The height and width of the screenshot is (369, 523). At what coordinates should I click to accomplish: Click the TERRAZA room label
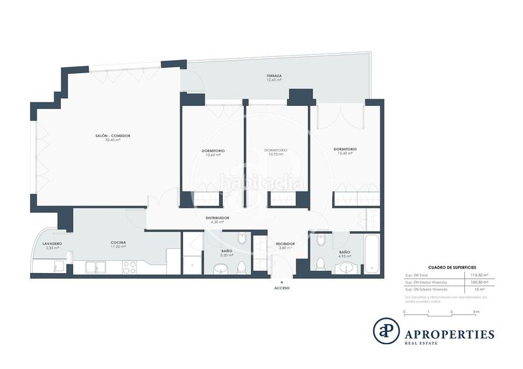coord(274,76)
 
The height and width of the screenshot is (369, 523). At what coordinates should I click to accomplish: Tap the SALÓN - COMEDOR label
coord(112,136)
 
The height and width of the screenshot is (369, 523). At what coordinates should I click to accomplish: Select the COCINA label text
coord(118,243)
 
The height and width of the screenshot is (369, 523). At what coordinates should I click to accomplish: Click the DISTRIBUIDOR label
coord(217,218)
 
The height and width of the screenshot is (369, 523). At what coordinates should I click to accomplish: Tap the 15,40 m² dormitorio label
coord(345,150)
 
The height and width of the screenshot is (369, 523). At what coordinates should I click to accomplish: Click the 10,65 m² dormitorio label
coord(212,152)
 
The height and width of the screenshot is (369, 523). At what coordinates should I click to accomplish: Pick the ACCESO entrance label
coord(282,288)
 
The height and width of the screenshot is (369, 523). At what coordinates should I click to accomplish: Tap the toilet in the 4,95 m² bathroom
coord(320,263)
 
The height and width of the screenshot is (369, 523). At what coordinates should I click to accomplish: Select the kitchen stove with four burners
coord(129,266)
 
